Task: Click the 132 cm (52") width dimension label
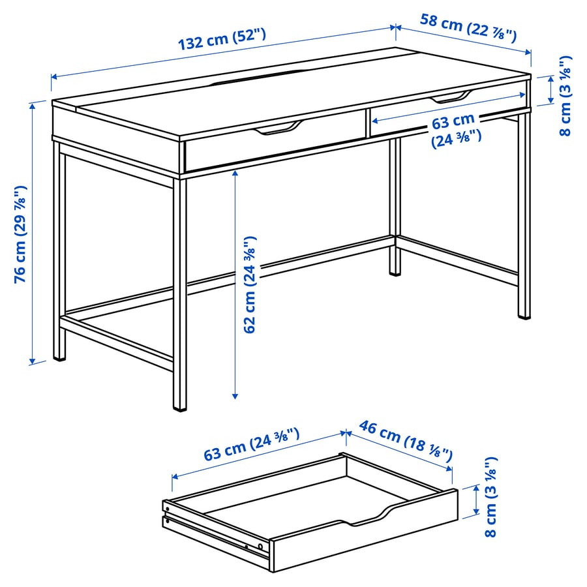tap(222, 40)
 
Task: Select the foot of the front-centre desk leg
tap(179, 407)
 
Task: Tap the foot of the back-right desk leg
tap(395, 271)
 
